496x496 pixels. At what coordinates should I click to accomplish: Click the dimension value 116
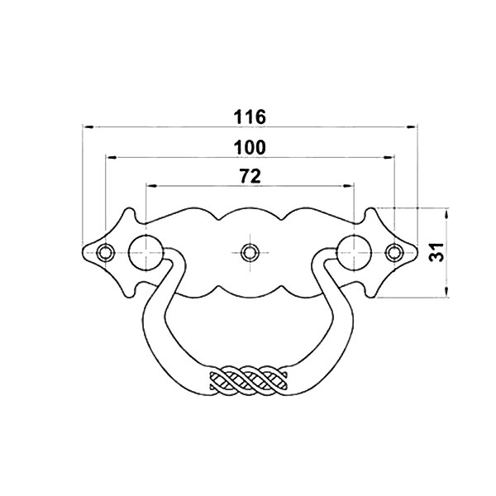(250, 117)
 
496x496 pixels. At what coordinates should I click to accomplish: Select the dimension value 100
(250, 147)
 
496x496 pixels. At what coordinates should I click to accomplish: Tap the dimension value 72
(250, 176)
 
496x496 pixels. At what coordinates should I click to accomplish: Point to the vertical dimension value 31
(436, 252)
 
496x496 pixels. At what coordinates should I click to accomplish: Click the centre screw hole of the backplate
(250, 253)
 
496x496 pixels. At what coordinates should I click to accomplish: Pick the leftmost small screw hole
(105, 253)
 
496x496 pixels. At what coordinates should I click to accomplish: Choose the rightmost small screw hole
(393, 253)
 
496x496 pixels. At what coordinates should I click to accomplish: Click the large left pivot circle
(146, 253)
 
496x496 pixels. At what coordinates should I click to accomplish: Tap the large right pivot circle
(354, 253)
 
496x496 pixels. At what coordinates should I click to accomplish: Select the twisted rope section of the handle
(250, 380)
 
